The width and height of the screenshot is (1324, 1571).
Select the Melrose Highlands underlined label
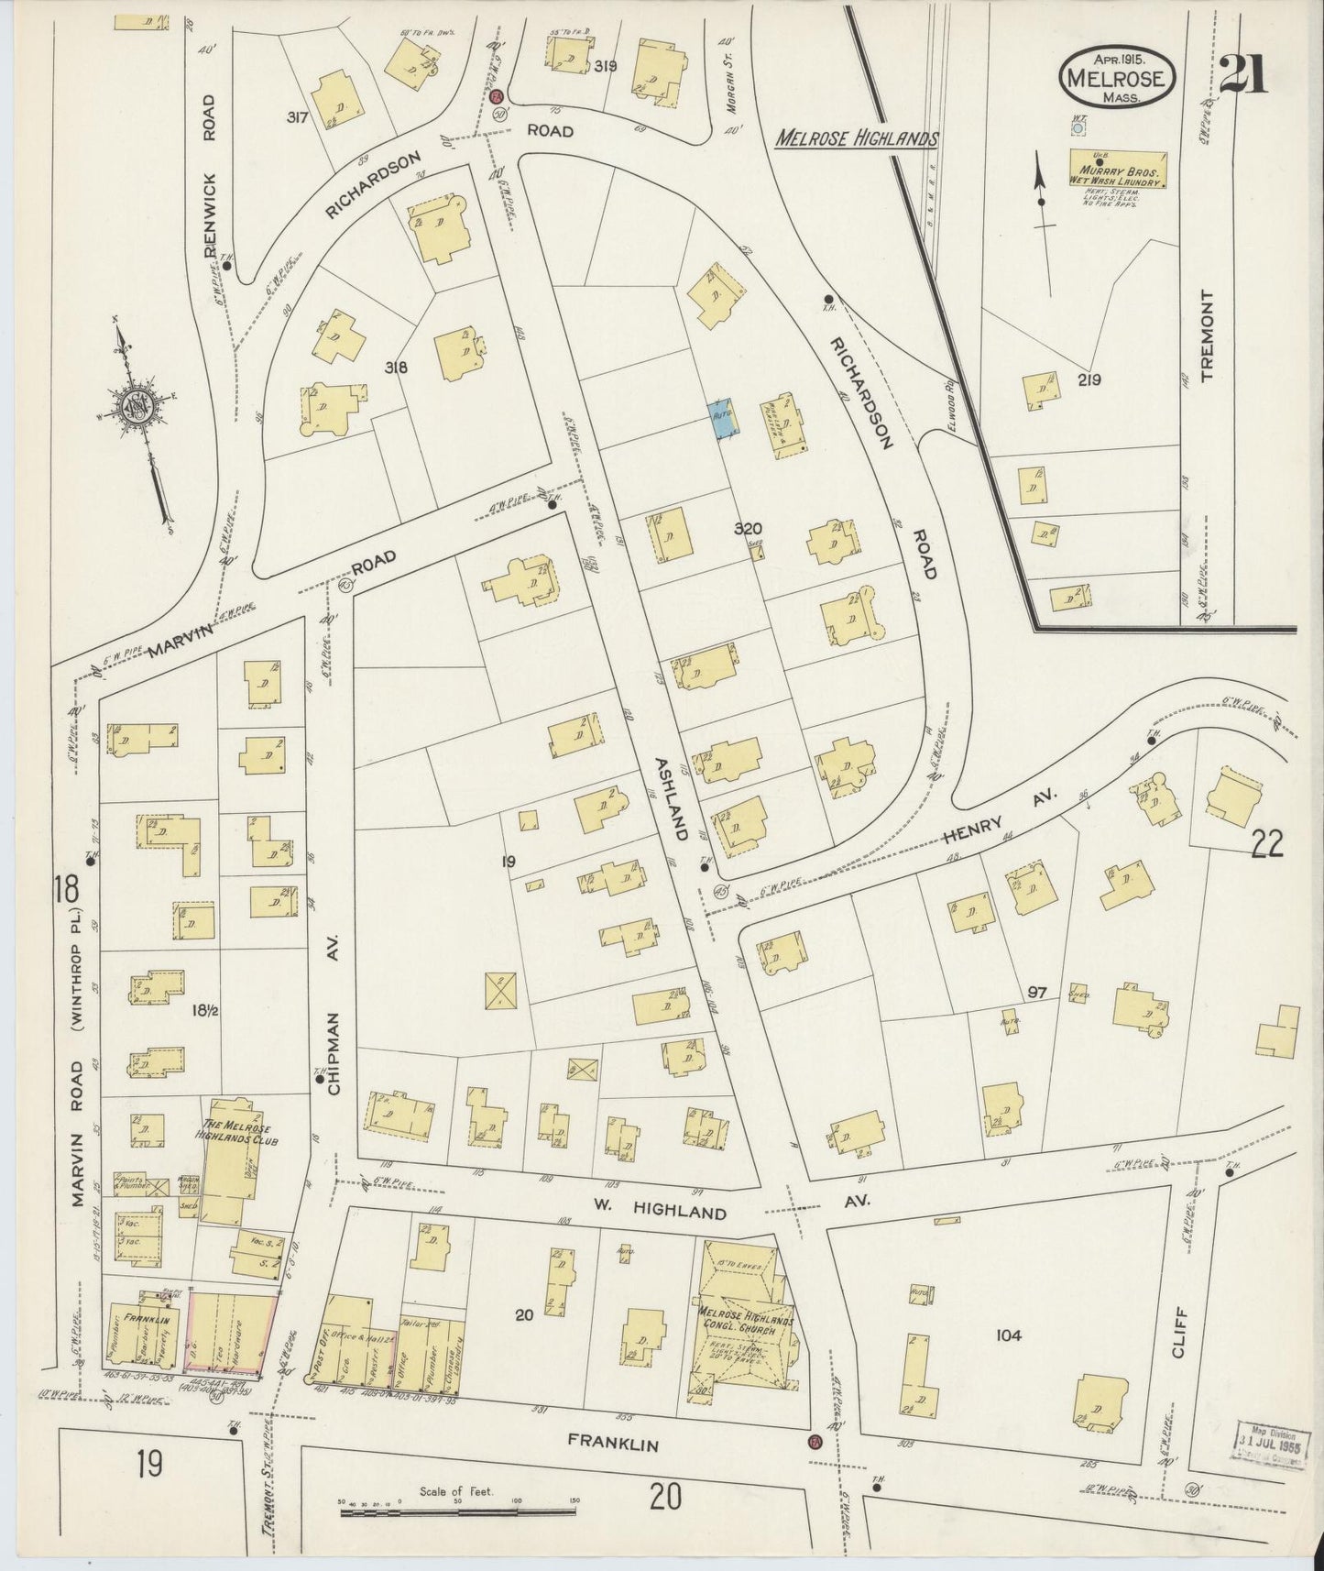(x=857, y=139)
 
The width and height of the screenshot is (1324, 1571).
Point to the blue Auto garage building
(x=723, y=418)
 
